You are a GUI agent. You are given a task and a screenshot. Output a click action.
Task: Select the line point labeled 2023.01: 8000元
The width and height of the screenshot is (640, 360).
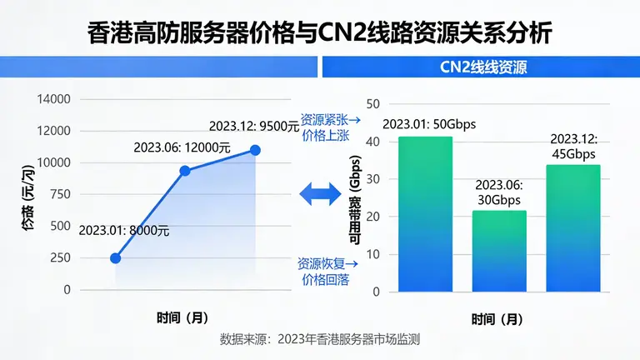click(115, 257)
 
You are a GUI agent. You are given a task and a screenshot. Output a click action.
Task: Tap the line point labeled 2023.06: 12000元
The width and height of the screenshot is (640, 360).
click(185, 171)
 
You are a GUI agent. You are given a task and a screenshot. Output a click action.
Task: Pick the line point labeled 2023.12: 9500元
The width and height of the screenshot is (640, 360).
click(255, 150)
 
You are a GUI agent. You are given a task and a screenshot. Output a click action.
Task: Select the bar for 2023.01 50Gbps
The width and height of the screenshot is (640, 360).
click(425, 214)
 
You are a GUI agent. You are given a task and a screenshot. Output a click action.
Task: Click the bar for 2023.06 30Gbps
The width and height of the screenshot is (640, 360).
click(498, 251)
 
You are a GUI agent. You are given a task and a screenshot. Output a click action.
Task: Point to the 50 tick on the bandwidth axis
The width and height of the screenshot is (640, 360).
click(373, 104)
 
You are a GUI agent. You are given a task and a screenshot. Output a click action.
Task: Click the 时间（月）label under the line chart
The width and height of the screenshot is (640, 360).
click(182, 317)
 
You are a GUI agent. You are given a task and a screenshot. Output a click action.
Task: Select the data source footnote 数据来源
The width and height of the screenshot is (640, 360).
click(319, 340)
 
